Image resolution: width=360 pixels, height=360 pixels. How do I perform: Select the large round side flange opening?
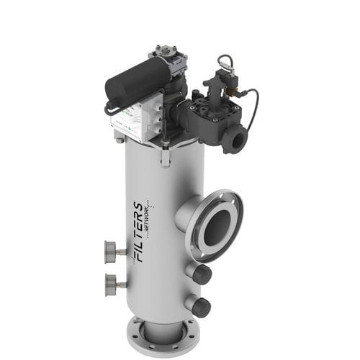217,225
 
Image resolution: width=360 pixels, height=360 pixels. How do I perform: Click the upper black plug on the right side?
202,274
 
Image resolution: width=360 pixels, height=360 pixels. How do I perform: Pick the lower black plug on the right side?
202,307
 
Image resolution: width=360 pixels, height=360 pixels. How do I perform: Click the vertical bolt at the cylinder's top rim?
165,154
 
